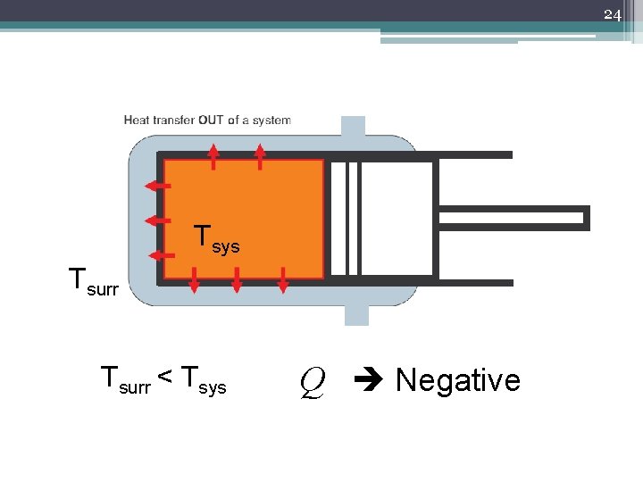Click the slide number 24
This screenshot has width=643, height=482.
[x=612, y=14]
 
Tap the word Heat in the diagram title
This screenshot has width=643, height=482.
[x=138, y=120]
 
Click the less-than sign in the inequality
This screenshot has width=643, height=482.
[x=166, y=379]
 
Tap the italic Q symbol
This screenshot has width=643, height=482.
[x=311, y=382]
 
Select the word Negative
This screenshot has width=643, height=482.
[x=457, y=380]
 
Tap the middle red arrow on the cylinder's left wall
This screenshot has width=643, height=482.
[x=158, y=220]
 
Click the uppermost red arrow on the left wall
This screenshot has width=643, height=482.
[x=158, y=186]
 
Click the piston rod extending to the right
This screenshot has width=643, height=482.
[x=514, y=218]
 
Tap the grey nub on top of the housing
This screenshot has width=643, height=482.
[x=354, y=126]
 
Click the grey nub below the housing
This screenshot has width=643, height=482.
[x=355, y=313]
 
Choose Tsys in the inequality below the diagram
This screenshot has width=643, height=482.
[x=203, y=381]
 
